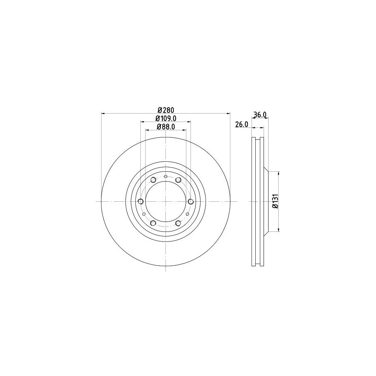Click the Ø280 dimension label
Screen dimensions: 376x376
tap(165, 110)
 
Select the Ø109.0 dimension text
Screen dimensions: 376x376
tap(165, 119)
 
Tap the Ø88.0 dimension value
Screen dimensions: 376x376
tap(165, 127)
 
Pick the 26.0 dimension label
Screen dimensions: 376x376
tap(242, 124)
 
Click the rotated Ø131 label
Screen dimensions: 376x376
tap(274, 202)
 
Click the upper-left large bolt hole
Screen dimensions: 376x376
tap(153, 180)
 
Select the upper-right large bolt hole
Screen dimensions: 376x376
tap(178, 180)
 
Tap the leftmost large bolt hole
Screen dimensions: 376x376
tap(140, 202)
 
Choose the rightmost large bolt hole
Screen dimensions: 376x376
tap(191, 202)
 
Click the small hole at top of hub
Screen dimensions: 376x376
tap(166, 177)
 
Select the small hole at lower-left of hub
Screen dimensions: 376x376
tap(144, 214)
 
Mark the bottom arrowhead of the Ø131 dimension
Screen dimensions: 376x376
tap(279, 230)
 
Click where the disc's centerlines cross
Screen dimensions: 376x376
tap(166, 202)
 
